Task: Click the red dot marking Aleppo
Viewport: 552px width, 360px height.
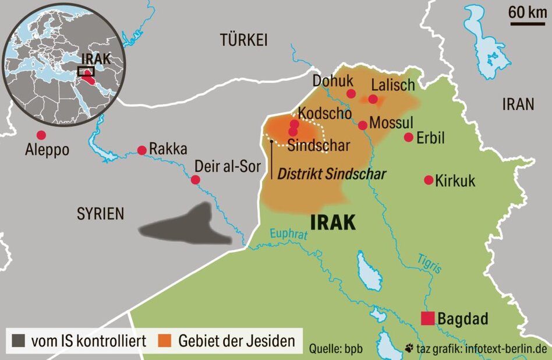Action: (41, 135)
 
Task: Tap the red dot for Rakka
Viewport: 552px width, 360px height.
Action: (141, 150)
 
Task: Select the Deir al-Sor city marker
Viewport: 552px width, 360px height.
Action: (196, 180)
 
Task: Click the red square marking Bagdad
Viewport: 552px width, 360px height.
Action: (428, 319)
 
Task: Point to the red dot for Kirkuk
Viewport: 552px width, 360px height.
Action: (429, 180)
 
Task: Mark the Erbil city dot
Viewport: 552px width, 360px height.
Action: (409, 137)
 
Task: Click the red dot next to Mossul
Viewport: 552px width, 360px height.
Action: (363, 125)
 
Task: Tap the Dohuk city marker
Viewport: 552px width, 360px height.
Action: (351, 94)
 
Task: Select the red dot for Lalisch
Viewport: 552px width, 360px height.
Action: (373, 99)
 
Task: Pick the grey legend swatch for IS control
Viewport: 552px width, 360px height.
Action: (18, 340)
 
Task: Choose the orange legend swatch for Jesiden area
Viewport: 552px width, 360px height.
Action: (165, 340)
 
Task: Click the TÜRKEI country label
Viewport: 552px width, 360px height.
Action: (243, 40)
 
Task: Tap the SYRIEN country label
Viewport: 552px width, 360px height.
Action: (101, 214)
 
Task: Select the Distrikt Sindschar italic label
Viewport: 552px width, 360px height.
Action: (332, 174)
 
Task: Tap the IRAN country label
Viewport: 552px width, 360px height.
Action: (518, 104)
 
